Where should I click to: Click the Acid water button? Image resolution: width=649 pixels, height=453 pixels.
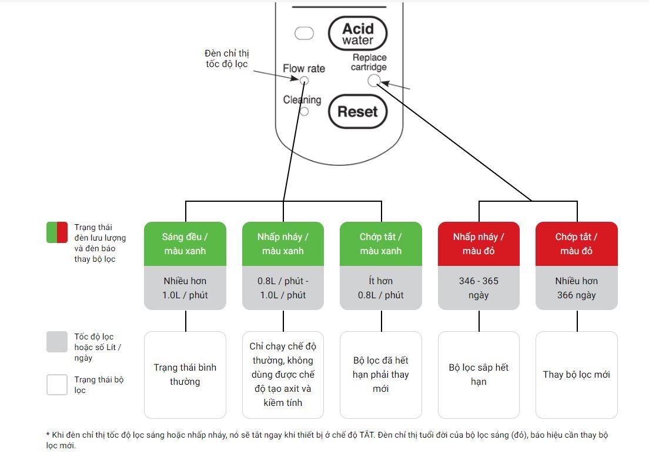click(357, 34)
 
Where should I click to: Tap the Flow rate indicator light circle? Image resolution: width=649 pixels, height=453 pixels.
click(305, 81)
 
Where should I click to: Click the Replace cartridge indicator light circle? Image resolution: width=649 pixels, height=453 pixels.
click(374, 81)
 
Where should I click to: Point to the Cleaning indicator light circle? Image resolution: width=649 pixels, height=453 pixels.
click(305, 111)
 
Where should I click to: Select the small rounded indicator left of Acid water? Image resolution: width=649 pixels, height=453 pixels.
click(304, 34)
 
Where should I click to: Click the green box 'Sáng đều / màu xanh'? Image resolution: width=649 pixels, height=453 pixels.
click(185, 244)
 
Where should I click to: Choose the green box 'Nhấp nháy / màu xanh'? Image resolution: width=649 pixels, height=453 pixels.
click(283, 244)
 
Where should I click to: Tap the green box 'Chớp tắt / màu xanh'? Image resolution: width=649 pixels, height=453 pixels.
click(381, 244)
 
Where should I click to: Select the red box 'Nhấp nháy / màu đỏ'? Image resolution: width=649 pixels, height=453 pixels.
click(479, 244)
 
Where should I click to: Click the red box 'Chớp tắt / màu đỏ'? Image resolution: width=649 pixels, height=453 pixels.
click(576, 244)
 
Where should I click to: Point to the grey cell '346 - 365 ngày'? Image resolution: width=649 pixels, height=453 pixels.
click(479, 288)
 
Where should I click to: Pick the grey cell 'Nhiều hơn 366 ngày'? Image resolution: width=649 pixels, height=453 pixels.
click(576, 288)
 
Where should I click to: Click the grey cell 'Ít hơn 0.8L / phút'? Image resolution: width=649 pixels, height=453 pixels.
click(381, 288)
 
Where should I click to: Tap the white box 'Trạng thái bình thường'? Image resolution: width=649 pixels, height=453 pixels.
click(185, 375)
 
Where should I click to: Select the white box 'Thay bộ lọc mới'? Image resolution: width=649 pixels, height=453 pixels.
click(576, 375)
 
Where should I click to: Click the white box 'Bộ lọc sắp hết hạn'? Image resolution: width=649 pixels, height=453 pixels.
click(479, 375)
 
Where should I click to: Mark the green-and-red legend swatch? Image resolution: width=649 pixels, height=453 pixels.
click(57, 232)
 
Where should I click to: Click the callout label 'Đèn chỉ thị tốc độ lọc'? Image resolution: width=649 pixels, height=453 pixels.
click(227, 59)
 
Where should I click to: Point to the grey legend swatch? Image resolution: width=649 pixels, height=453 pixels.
click(57, 342)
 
